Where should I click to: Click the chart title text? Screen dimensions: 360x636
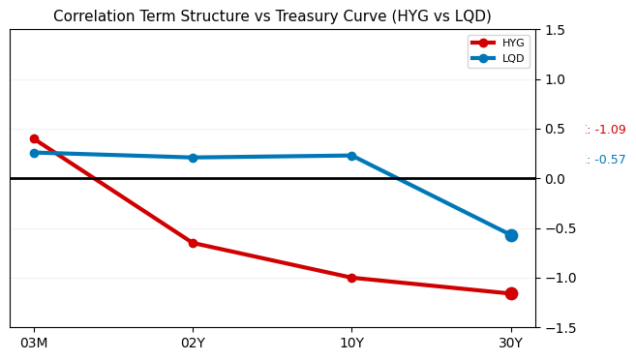click(272, 16)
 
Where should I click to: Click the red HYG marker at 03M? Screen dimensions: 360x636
click(34, 138)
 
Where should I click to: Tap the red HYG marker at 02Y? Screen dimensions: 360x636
click(193, 243)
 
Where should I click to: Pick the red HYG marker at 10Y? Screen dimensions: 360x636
click(351, 278)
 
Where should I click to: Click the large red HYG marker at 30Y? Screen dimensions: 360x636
click(511, 293)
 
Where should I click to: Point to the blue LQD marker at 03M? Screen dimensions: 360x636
click(34, 153)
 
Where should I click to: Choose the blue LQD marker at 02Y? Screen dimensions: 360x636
click(193, 158)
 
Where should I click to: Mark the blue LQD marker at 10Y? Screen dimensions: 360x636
click(351, 156)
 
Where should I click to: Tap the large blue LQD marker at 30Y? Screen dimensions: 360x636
click(511, 235)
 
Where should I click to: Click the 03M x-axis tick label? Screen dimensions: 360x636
click(34, 344)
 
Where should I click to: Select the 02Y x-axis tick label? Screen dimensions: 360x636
click(193, 344)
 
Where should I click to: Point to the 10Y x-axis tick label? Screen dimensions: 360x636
click(351, 344)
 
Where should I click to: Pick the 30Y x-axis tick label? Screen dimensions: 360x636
click(511, 344)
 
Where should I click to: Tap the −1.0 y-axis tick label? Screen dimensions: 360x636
click(554, 279)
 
